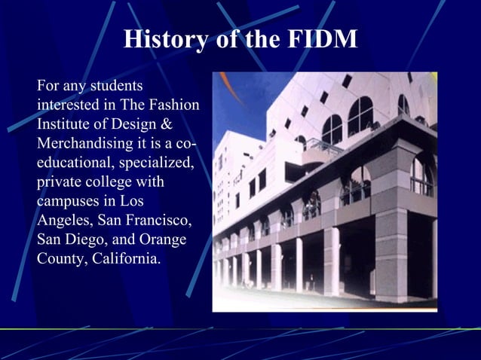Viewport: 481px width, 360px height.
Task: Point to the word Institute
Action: [x=65, y=124]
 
